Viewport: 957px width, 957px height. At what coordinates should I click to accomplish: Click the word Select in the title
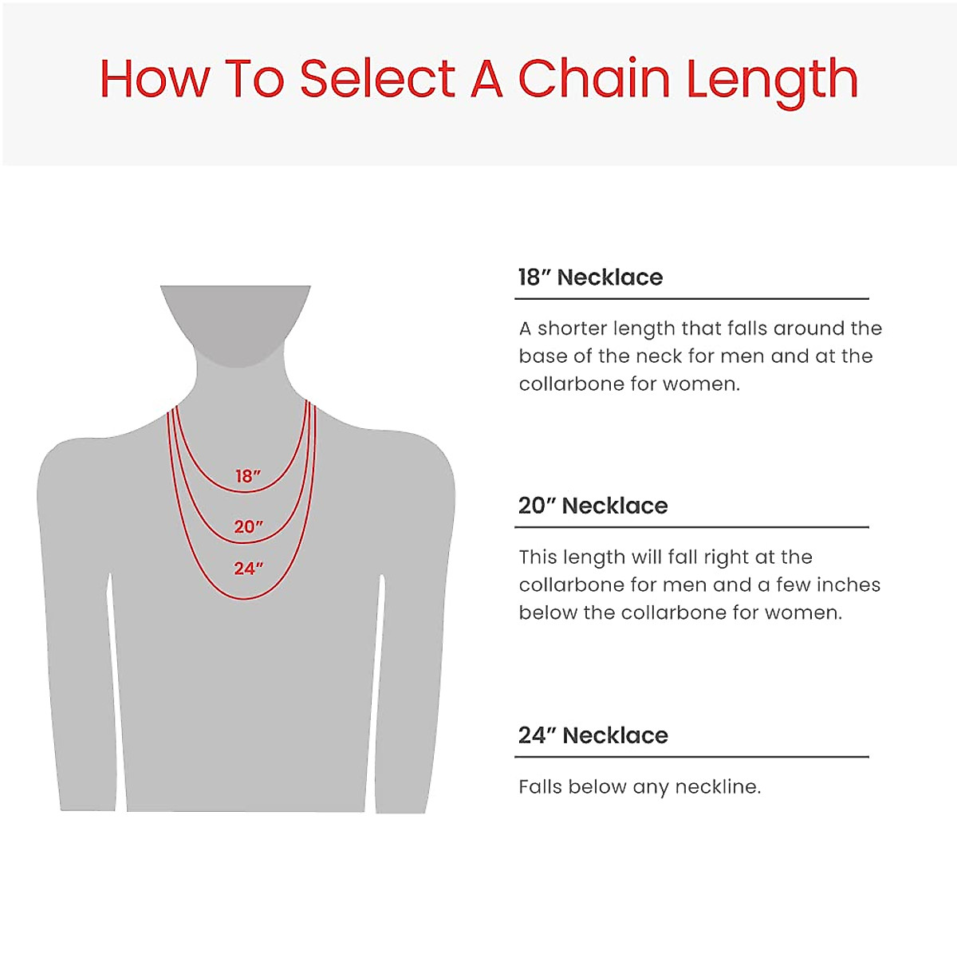click(376, 80)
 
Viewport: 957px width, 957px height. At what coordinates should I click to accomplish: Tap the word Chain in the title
click(595, 80)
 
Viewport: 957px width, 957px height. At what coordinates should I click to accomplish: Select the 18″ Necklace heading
click(590, 278)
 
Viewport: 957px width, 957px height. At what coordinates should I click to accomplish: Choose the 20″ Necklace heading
click(593, 506)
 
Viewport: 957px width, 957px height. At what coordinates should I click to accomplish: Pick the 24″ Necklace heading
click(593, 735)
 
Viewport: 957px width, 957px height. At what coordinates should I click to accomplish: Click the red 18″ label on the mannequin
click(248, 476)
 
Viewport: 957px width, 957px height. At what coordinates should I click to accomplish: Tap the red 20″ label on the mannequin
click(248, 526)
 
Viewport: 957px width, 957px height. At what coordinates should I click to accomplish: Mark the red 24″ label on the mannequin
click(248, 569)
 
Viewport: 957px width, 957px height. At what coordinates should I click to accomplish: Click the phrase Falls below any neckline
click(640, 787)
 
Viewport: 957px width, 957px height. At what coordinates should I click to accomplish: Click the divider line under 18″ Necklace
click(691, 299)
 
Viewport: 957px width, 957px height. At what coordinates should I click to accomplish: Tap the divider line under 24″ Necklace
click(691, 757)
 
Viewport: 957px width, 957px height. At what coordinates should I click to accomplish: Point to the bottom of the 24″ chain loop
click(244, 598)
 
